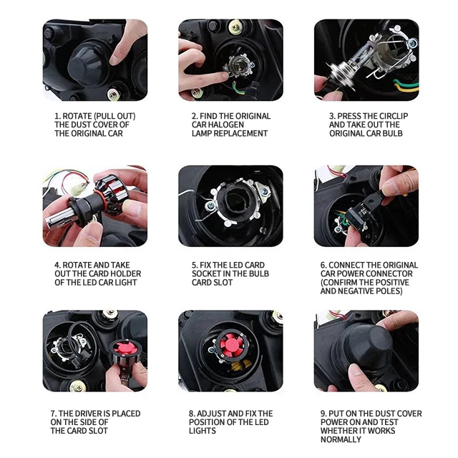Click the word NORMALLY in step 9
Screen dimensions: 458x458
point(341,439)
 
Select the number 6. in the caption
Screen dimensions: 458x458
point(323,265)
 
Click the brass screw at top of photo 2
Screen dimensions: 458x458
point(236,28)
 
